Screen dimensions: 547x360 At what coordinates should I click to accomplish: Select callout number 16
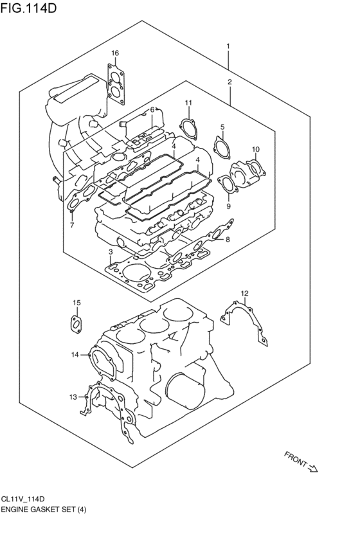(x=114, y=53)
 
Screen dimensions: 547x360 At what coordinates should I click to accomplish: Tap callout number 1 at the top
(x=228, y=46)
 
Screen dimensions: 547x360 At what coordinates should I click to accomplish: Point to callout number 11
(x=188, y=103)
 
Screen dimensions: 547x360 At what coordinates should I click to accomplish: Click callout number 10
(x=256, y=150)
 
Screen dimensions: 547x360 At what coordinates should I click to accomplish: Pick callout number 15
(x=76, y=302)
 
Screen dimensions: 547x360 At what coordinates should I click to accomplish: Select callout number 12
(x=244, y=294)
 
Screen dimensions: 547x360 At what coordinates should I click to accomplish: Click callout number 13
(x=73, y=396)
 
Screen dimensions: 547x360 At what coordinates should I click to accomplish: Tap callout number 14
(x=75, y=354)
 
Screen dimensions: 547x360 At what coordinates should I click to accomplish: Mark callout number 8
(x=228, y=240)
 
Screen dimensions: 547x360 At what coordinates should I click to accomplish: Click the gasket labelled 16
(x=116, y=84)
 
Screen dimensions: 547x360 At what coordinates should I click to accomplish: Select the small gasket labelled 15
(x=75, y=323)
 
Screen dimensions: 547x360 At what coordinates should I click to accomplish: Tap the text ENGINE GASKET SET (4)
(x=43, y=509)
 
